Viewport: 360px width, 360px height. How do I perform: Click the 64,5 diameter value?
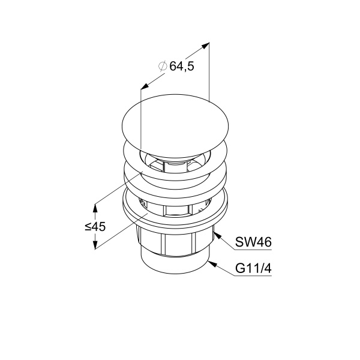click(182, 67)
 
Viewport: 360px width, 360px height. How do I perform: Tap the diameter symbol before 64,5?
click(163, 66)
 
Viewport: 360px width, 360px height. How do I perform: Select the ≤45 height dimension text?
click(95, 227)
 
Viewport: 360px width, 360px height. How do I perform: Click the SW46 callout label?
click(253, 242)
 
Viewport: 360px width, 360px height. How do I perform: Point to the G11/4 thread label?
click(253, 268)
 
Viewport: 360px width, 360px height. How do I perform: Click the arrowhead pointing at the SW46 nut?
click(218, 235)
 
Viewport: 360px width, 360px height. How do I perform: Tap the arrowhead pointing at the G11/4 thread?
click(212, 264)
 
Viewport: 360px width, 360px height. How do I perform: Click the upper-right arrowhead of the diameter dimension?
click(205, 46)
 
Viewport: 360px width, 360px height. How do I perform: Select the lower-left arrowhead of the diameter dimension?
click(145, 86)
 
